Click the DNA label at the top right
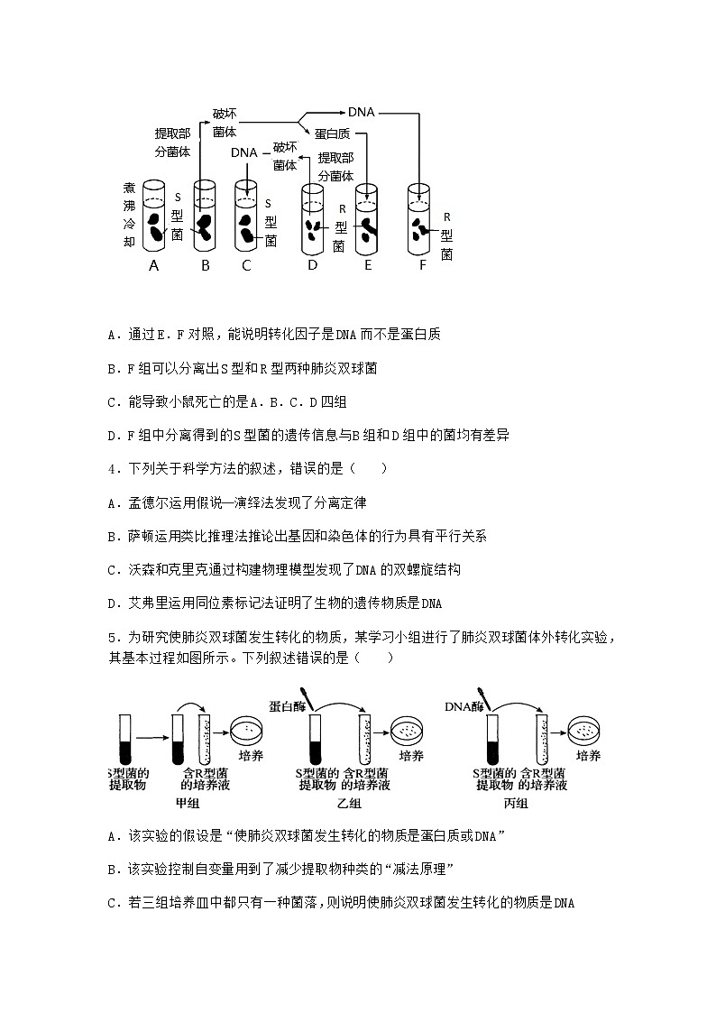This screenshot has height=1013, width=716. click(361, 113)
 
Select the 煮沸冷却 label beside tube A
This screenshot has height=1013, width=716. click(129, 215)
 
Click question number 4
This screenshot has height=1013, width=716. click(111, 468)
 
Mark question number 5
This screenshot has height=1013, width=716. click(111, 638)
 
